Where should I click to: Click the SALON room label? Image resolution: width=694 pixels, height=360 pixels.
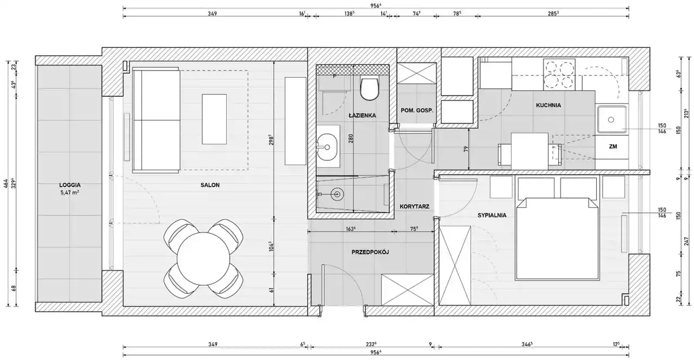[x=210, y=185]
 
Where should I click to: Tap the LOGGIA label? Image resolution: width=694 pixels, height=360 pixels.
[x=69, y=185]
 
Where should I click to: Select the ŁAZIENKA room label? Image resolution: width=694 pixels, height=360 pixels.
[x=362, y=115]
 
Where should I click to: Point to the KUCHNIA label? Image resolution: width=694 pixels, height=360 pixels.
[x=549, y=105]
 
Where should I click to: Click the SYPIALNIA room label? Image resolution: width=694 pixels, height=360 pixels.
[x=492, y=215]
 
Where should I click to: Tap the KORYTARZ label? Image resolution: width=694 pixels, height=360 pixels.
[x=414, y=206]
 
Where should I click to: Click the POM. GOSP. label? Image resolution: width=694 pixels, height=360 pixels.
[x=417, y=110]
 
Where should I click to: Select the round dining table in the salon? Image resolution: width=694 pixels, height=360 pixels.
[x=203, y=258]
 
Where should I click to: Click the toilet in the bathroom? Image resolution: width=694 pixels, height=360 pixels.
[x=370, y=89]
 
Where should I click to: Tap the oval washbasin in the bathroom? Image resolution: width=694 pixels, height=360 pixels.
[x=328, y=147]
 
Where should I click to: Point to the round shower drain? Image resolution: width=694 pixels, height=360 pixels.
[x=337, y=194]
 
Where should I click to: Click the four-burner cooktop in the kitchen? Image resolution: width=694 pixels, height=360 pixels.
[x=559, y=74]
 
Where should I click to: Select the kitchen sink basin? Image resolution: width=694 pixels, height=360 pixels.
[x=612, y=119]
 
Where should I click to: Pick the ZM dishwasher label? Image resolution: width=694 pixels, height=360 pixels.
[x=613, y=147]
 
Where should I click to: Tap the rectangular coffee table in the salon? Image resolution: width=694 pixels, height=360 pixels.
[x=214, y=119]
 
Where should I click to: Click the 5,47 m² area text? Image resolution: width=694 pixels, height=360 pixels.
[x=69, y=193]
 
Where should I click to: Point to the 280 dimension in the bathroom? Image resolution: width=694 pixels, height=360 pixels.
[x=351, y=138]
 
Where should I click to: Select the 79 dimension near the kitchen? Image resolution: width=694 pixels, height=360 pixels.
[x=466, y=149]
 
